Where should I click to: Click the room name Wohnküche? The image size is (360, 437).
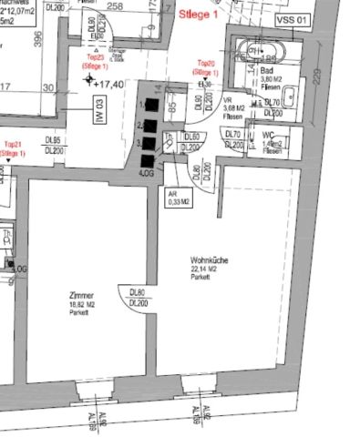[209, 260]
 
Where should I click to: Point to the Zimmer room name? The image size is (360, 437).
[80, 295]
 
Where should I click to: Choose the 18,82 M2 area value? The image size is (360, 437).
[81, 303]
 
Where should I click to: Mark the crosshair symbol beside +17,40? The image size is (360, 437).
[90, 80]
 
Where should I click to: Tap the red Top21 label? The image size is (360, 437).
[13, 148]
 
